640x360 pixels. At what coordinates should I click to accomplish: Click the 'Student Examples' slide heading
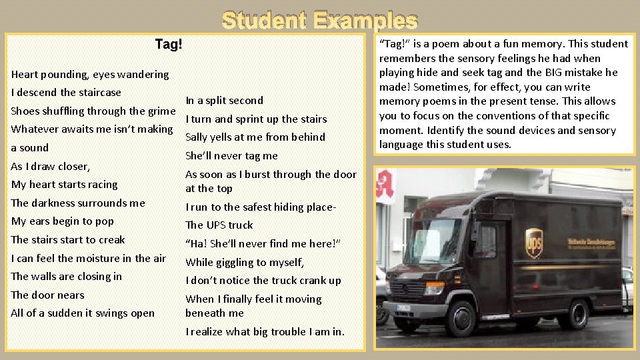point(320,21)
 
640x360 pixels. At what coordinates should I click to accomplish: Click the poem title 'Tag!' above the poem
point(168,45)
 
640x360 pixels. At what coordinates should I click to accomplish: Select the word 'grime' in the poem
point(159,111)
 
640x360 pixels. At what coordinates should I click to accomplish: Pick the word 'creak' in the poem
point(111,240)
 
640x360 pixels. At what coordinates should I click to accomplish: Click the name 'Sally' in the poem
point(197,137)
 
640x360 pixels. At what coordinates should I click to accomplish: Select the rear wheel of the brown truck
point(575,313)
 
